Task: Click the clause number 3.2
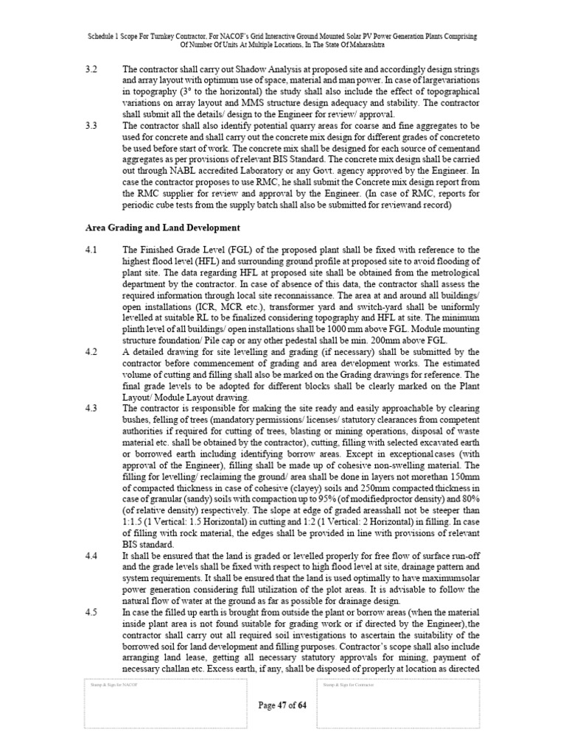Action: click(x=91, y=68)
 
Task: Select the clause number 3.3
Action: click(x=91, y=127)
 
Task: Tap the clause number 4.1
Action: click(x=91, y=250)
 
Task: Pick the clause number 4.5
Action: click(x=91, y=613)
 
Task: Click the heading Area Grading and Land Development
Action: click(x=161, y=228)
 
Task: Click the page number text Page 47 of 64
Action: click(x=282, y=705)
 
